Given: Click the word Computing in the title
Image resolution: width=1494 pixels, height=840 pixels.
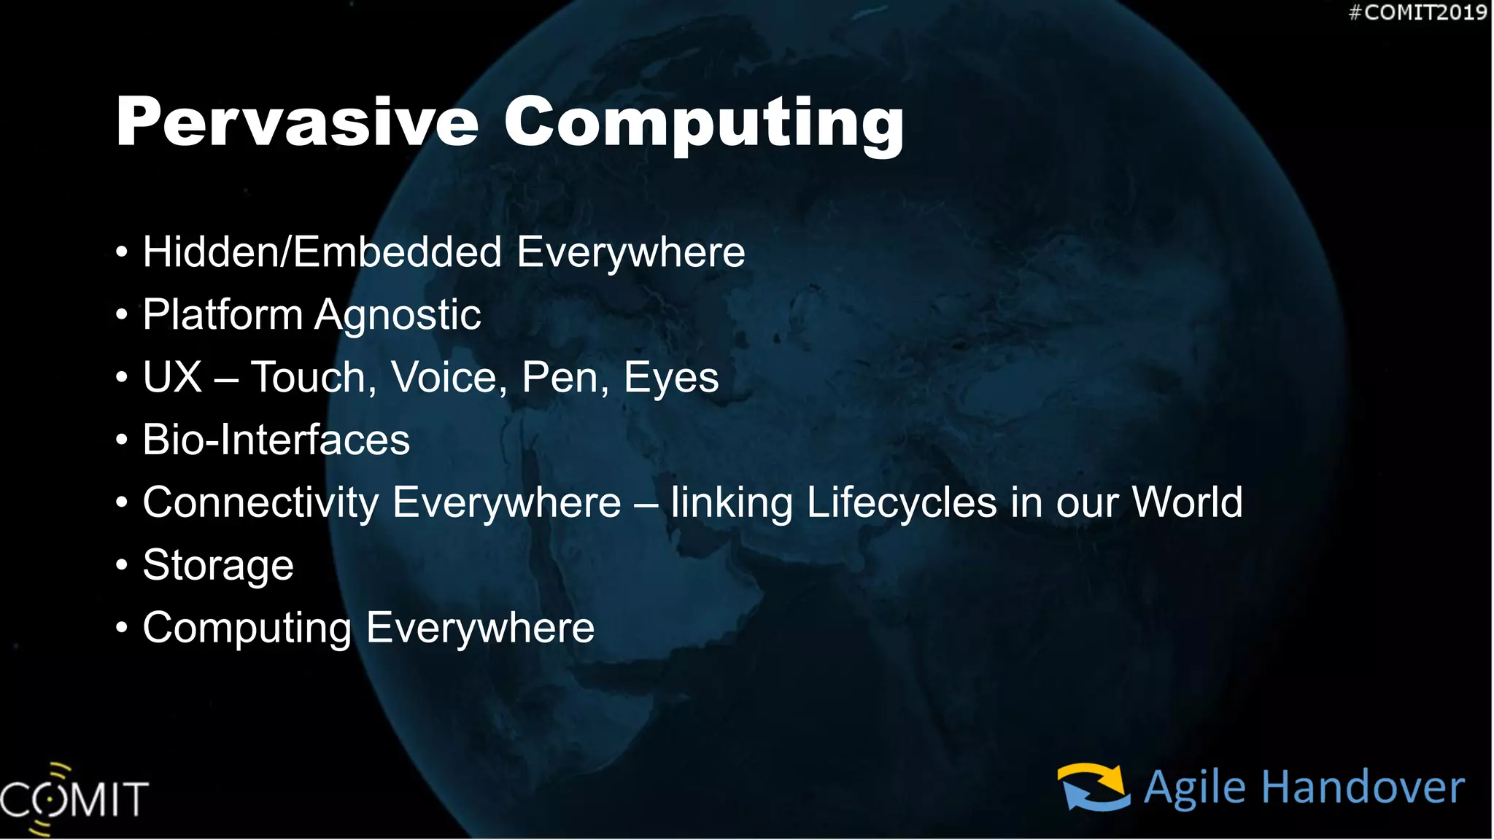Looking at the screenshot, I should click(704, 124).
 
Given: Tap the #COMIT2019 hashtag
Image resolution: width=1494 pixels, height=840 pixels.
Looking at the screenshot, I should click(1417, 12).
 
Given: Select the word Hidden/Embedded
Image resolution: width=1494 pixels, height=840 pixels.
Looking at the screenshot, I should click(322, 252).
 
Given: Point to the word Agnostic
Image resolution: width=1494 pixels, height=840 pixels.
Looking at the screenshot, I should click(398, 316).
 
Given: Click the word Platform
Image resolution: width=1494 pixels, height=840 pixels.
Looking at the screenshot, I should click(222, 315).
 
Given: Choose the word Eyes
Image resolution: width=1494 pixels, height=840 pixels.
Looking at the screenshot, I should click(670, 378).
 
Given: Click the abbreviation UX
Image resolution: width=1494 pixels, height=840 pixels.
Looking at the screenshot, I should click(172, 378).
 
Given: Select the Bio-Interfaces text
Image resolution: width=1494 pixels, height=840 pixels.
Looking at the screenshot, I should click(276, 440).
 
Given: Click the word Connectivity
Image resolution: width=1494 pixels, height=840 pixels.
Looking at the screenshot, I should click(260, 503).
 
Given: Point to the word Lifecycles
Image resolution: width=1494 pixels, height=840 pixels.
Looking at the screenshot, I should click(902, 503).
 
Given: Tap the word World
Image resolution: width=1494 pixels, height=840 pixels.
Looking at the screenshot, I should click(1187, 502).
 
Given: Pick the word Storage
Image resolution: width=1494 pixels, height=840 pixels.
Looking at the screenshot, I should click(218, 566).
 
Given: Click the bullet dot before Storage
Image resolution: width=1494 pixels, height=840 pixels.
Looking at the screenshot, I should click(122, 565).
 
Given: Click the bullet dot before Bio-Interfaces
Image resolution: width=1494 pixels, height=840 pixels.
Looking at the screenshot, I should click(122, 440).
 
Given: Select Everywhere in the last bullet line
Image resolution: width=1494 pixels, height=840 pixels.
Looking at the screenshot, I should click(480, 628).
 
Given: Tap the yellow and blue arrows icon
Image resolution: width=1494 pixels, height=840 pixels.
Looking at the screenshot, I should click(1094, 787).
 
